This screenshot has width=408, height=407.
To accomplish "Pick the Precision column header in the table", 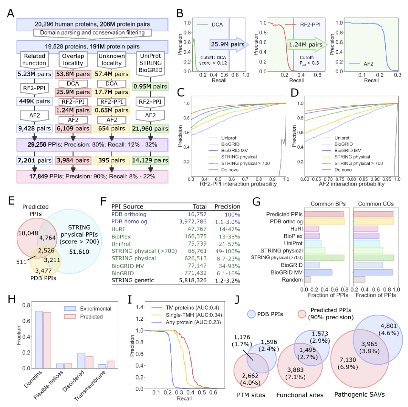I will (x=227, y=207).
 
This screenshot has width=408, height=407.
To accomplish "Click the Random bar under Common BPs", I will (x=308, y=280).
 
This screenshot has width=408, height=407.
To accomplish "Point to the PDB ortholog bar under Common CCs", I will (x=373, y=221).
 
